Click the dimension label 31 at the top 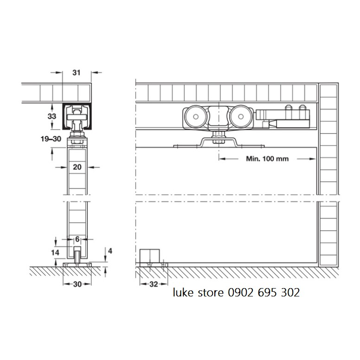coord(77,73)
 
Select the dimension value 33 coord(52,116)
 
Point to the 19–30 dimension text coord(51,139)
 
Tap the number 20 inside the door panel coord(77,167)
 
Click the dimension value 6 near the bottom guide coord(77,239)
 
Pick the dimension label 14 coord(55,252)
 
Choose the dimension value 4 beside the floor coord(110,251)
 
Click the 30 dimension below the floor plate coord(77,284)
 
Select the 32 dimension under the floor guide coord(154,284)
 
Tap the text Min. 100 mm coord(267,159)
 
